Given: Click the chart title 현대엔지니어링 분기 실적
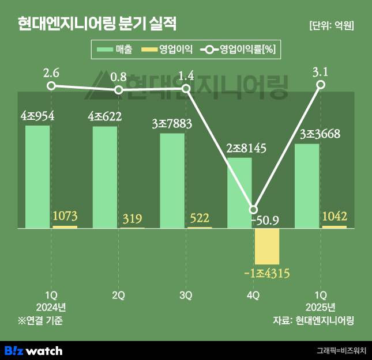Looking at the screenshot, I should [97, 24].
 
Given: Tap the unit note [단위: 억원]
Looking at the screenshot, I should [331, 25].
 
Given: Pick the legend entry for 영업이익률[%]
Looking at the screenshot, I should [239, 50].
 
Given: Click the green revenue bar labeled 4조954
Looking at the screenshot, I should [37, 176].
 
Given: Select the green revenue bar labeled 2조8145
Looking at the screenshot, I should [239, 192].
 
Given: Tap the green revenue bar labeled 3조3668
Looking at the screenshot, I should [307, 185].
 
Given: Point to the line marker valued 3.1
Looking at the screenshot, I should [321, 85].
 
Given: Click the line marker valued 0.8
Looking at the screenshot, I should [119, 90].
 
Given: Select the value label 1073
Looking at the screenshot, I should [65, 217].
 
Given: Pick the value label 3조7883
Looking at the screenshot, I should [172, 123].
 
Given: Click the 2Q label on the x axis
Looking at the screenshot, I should [119, 295].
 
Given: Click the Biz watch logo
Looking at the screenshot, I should [33, 350].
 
